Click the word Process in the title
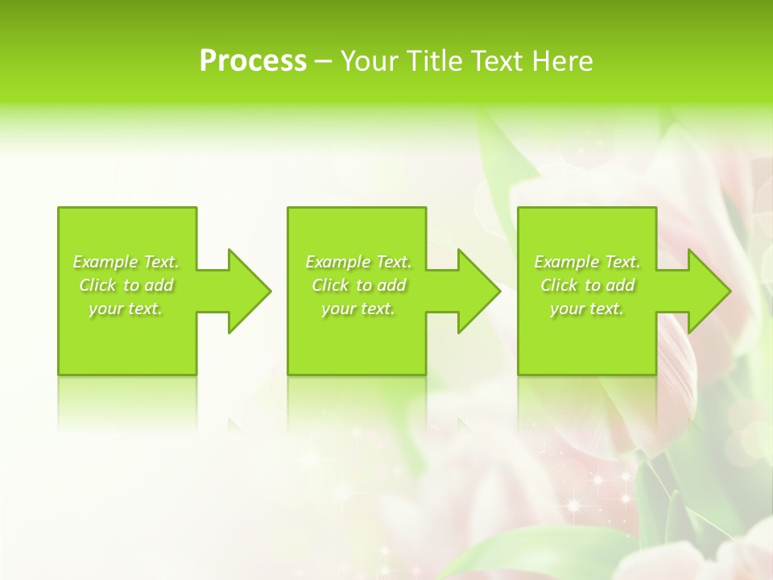click(x=253, y=61)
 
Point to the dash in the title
click(x=323, y=62)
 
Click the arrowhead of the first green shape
click(x=250, y=291)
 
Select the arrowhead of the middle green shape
click(x=479, y=291)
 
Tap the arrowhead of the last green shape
click(x=709, y=291)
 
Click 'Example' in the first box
click(x=105, y=262)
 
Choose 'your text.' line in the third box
click(x=586, y=309)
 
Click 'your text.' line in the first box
click(x=126, y=309)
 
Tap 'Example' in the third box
click(x=567, y=262)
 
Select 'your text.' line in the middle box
click(x=358, y=309)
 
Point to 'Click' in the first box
click(x=98, y=285)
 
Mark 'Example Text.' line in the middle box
click(x=358, y=262)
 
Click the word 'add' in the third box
click(x=620, y=285)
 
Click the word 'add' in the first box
click(x=159, y=285)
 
